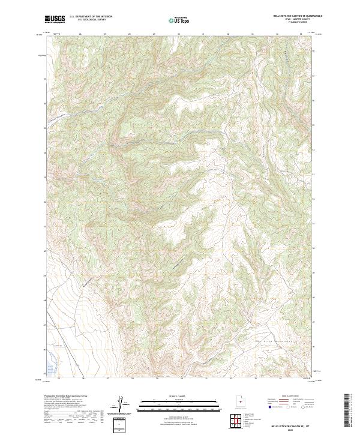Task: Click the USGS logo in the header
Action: (x=55, y=19)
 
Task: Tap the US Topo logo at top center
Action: (x=180, y=19)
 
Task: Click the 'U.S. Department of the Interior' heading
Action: (x=91, y=17)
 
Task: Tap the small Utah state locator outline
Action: (x=240, y=401)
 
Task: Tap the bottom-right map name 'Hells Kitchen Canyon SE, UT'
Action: (x=289, y=425)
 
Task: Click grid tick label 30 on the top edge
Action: (x=179, y=34)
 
